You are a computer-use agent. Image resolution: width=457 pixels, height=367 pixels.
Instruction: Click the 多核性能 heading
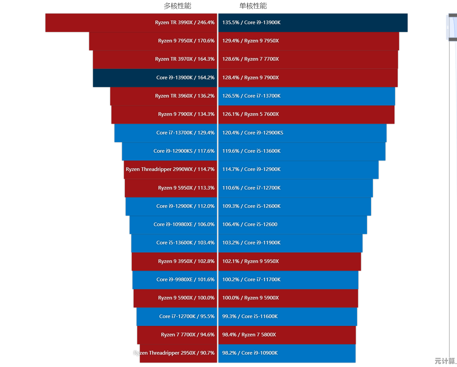(177, 6)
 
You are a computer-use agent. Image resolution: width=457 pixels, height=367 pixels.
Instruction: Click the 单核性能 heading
(253, 6)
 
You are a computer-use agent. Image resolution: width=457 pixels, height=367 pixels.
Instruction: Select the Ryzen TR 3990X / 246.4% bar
(130, 23)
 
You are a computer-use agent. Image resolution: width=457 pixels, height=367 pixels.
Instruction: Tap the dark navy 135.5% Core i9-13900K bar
(313, 23)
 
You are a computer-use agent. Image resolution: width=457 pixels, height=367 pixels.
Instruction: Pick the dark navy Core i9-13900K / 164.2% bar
(155, 78)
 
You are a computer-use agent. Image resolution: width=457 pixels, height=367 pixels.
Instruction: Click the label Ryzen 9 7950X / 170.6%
(186, 41)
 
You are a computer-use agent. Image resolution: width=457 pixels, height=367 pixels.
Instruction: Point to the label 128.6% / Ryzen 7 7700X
(250, 59)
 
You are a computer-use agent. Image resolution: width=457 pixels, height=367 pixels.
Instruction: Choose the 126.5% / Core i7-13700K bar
(306, 96)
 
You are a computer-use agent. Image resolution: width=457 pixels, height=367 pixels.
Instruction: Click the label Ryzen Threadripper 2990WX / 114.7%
(170, 169)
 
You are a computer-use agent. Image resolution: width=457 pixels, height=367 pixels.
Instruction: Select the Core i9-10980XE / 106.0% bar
(173, 224)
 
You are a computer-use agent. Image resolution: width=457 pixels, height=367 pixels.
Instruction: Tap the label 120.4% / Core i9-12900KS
(253, 133)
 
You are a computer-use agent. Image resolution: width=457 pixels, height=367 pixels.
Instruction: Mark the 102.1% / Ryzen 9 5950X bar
(289, 261)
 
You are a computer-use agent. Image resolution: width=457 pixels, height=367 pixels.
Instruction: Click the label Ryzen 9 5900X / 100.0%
(186, 298)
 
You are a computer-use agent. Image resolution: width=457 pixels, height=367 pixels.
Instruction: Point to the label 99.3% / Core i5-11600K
(250, 316)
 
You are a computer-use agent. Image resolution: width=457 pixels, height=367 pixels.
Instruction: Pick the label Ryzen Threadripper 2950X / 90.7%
(174, 353)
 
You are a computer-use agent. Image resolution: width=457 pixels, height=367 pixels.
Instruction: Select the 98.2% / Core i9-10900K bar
(287, 353)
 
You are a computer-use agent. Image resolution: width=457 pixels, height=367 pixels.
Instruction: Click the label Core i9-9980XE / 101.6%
(185, 280)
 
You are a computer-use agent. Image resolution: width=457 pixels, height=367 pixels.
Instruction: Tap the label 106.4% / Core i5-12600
(250, 224)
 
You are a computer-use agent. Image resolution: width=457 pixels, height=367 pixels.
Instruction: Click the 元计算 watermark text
(445, 361)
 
